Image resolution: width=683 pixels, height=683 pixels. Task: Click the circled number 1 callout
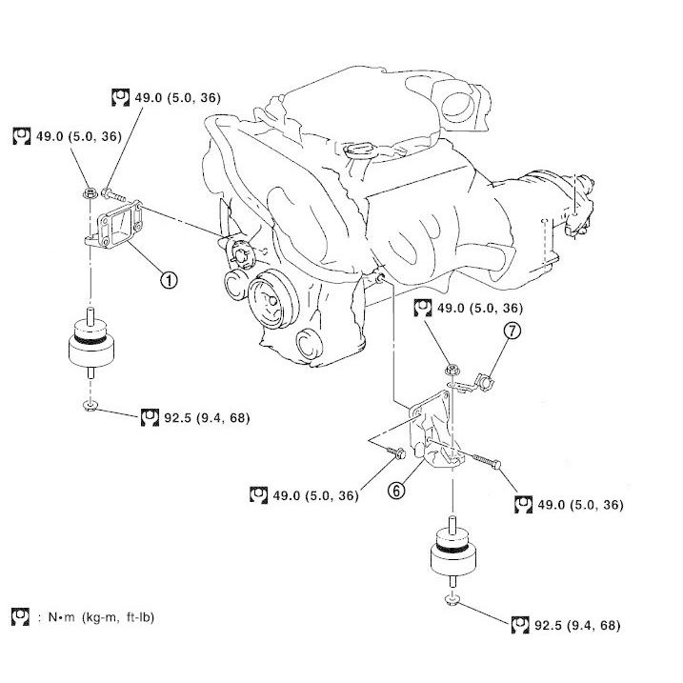(169, 279)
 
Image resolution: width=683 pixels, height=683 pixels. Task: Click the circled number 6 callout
(396, 491)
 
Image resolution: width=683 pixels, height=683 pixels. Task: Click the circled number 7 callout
(512, 331)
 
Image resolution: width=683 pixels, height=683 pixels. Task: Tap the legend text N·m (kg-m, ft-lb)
(101, 617)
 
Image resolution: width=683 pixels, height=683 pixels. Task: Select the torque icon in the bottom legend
(20, 616)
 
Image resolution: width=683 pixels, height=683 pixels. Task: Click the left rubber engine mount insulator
(91, 342)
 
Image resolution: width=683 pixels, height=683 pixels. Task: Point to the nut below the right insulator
(452, 600)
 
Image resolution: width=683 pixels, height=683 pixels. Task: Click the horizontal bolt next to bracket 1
(113, 194)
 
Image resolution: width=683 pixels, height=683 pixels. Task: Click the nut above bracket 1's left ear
(90, 192)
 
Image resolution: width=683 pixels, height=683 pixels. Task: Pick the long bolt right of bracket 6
(487, 461)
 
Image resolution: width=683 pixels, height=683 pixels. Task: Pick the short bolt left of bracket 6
(395, 452)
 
